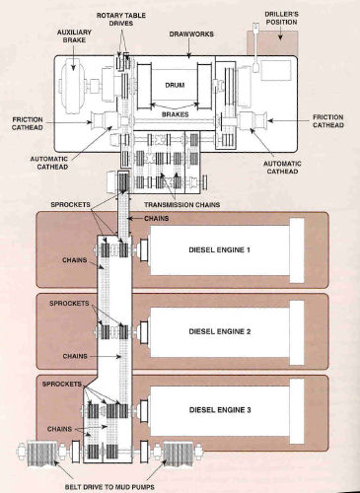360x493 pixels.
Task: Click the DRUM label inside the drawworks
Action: (176, 86)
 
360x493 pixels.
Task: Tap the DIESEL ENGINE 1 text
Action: (223, 248)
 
